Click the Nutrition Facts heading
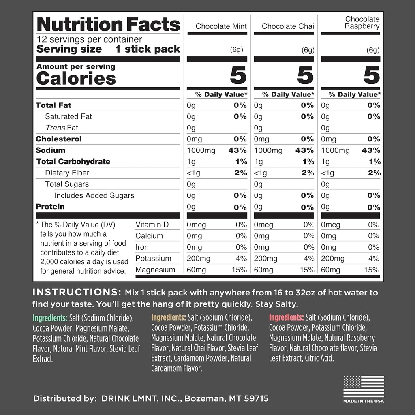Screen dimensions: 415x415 pos(108,24)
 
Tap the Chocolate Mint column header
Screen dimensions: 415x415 pos(221,26)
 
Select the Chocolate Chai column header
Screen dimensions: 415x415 pos(288,26)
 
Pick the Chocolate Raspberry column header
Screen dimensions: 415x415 pos(362,23)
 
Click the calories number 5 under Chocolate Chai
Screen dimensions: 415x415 pos(305,75)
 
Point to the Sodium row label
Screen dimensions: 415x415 pos(50,150)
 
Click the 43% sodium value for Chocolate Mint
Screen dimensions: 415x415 pos(237,150)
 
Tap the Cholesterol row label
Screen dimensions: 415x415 pos(59,139)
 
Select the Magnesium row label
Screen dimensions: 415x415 pos(155,270)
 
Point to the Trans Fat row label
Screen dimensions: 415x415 pos(62,128)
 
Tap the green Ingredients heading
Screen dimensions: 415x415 pos(50,318)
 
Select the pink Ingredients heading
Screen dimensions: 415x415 pos(286,317)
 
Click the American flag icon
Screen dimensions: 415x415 pos(364,386)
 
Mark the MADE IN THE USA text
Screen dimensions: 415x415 pos(364,401)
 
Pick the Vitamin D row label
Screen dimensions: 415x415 pos(152,225)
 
